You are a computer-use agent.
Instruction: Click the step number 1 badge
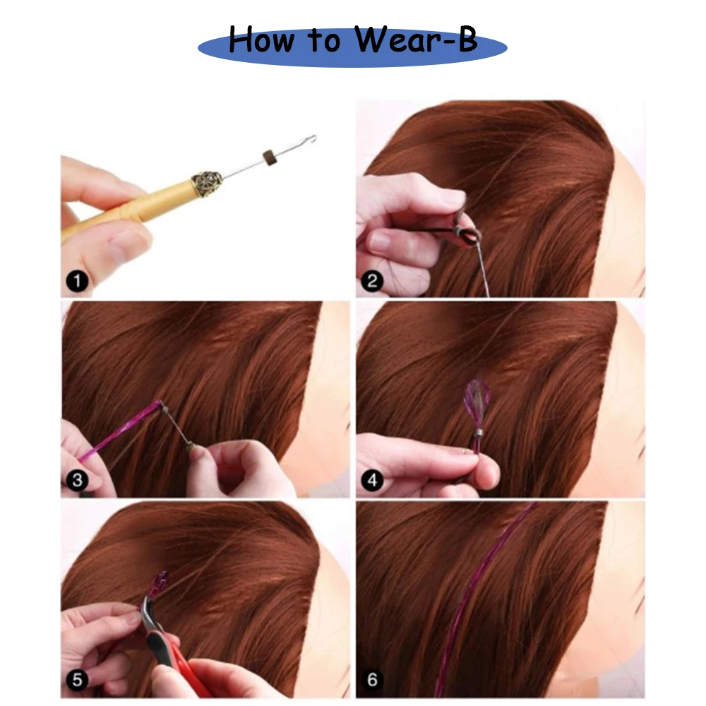pyautogui.click(x=77, y=281)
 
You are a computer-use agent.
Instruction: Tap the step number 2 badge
pyautogui.click(x=372, y=281)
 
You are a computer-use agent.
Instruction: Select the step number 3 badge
pyautogui.click(x=77, y=480)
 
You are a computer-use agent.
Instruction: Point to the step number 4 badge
pyautogui.click(x=372, y=480)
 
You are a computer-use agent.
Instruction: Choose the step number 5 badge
pyautogui.click(x=77, y=679)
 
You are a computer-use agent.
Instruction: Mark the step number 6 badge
pyautogui.click(x=372, y=679)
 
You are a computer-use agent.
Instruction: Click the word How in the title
pyautogui.click(x=261, y=40)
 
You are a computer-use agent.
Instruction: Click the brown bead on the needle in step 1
pyautogui.click(x=269, y=157)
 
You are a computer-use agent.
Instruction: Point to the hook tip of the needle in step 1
pyautogui.click(x=311, y=138)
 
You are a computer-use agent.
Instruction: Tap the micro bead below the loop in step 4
pyautogui.click(x=477, y=433)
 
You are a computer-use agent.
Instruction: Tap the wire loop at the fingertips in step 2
pyautogui.click(x=467, y=235)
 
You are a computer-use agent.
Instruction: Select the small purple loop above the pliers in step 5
pyautogui.click(x=160, y=584)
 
